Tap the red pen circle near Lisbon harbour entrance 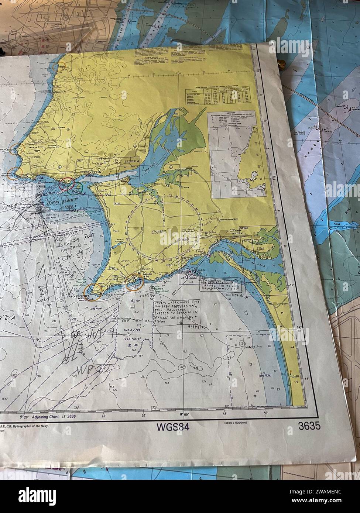coord(68,183)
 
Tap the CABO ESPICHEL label coord(76,296)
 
